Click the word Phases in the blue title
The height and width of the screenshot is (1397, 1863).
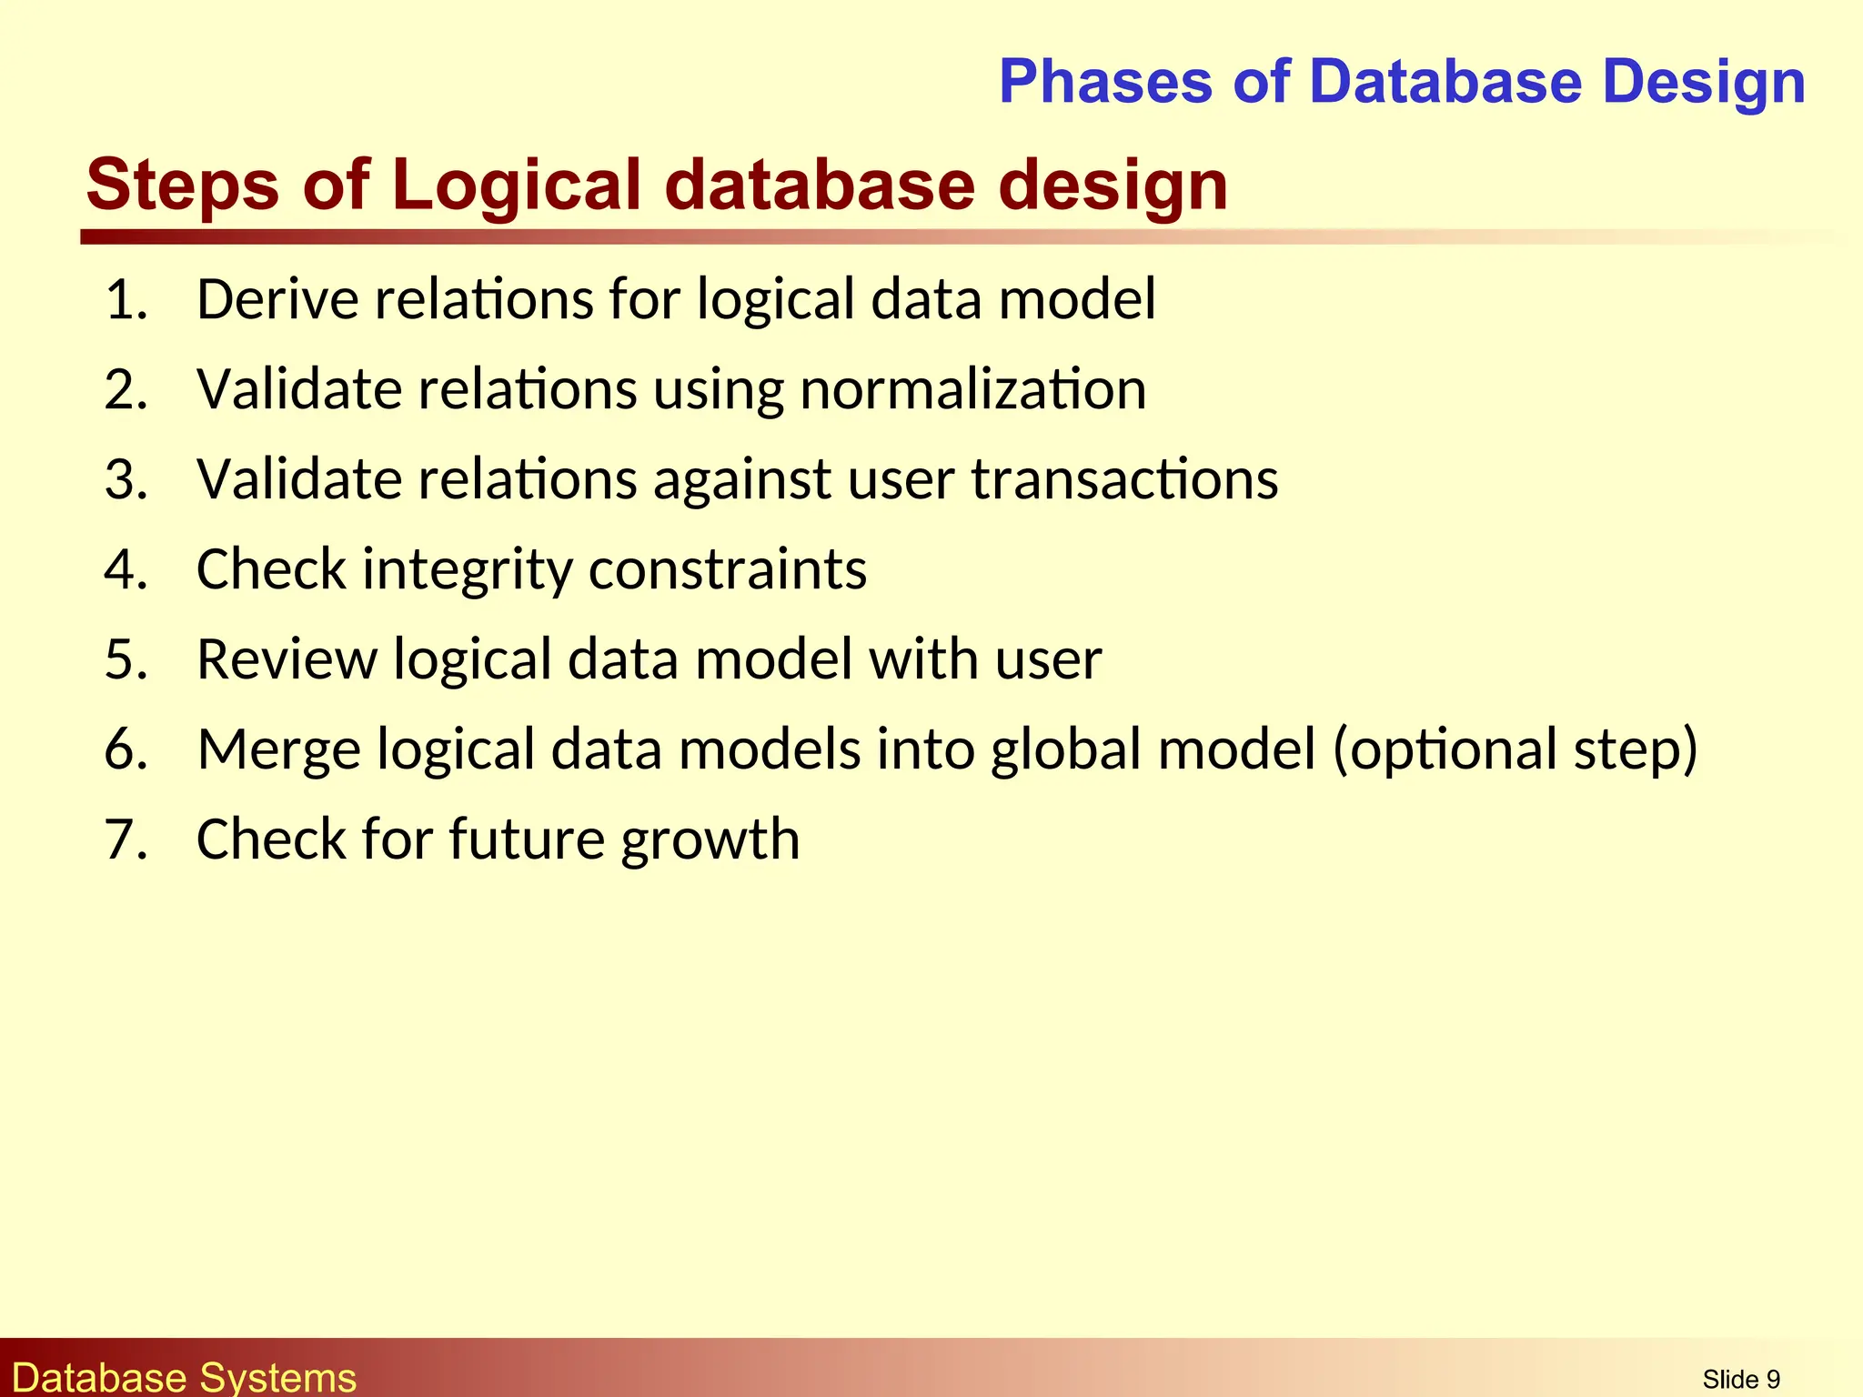click(1105, 82)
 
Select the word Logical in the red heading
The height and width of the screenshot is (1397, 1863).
click(518, 185)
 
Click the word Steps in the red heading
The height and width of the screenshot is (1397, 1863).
click(182, 185)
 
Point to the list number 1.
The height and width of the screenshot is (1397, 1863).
click(126, 299)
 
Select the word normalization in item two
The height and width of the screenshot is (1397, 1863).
click(972, 390)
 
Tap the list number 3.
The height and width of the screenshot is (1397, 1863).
click(126, 479)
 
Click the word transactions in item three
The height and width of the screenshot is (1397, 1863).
click(1124, 479)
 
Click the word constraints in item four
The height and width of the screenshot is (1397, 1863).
click(728, 570)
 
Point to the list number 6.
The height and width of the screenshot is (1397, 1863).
click(126, 749)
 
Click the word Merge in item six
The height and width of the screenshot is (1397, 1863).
click(278, 749)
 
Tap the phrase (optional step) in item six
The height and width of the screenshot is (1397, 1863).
click(1516, 749)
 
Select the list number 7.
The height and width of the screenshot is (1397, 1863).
click(126, 839)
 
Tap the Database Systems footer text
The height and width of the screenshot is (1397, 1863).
click(185, 1377)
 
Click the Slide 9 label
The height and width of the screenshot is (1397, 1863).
click(1741, 1380)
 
